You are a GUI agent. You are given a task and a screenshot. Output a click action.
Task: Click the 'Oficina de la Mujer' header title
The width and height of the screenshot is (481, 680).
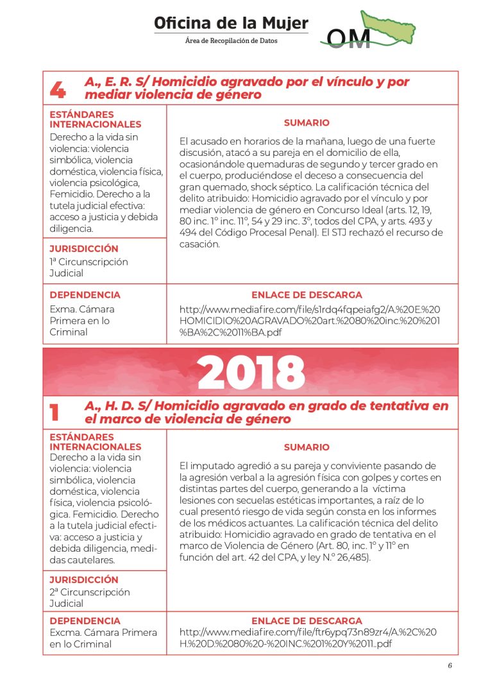pos(231,24)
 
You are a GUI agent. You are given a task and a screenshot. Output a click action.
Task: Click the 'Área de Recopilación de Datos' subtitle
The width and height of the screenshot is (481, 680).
pos(231,41)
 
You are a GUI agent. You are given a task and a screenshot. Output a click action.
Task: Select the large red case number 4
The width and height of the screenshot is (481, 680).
pos(58,90)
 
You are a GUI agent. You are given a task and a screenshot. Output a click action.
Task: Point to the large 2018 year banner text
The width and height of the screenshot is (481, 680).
pos(251,371)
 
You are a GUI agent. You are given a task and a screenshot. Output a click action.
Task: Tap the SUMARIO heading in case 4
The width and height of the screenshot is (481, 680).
pos(307,123)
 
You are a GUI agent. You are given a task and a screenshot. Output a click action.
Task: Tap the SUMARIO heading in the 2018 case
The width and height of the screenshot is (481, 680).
pos(307,447)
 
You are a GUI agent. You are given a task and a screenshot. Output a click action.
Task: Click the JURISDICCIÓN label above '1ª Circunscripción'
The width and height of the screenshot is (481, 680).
pos(84,248)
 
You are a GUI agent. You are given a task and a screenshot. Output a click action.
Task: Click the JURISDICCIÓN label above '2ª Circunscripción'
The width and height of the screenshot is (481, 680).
pos(84,579)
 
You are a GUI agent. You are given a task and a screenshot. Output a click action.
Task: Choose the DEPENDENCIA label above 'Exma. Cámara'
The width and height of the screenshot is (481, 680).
pos(85,295)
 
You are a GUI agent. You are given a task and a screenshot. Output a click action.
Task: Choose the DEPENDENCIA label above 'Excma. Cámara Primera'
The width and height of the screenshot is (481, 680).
pos(85,621)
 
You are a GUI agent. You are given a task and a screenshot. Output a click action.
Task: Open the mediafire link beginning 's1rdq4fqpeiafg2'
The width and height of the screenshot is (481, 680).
pos(309,321)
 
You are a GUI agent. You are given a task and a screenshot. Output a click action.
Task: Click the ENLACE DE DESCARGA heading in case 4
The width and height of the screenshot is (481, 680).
pos(307,295)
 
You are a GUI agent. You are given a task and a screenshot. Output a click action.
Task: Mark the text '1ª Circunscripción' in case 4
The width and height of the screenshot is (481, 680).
pos(89,262)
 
